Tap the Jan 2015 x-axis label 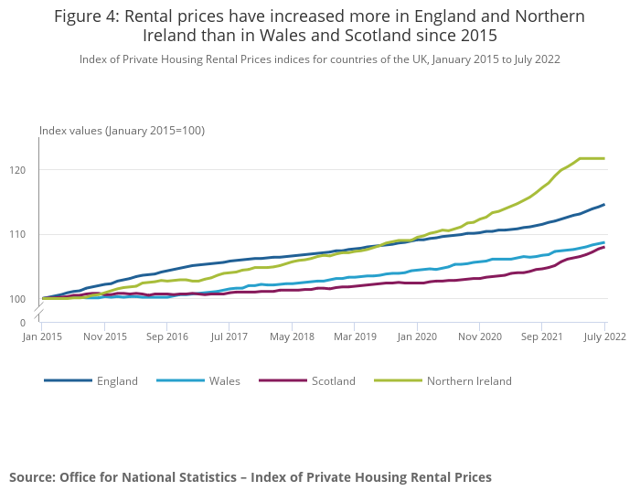(43, 337)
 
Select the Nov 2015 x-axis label (105, 337)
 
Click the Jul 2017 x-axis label (229, 337)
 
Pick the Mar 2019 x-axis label (355, 337)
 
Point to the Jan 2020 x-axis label (417, 337)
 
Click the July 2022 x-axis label (603, 337)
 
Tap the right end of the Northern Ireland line (603, 159)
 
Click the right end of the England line (603, 205)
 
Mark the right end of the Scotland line (603, 247)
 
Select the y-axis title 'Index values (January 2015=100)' (122, 131)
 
